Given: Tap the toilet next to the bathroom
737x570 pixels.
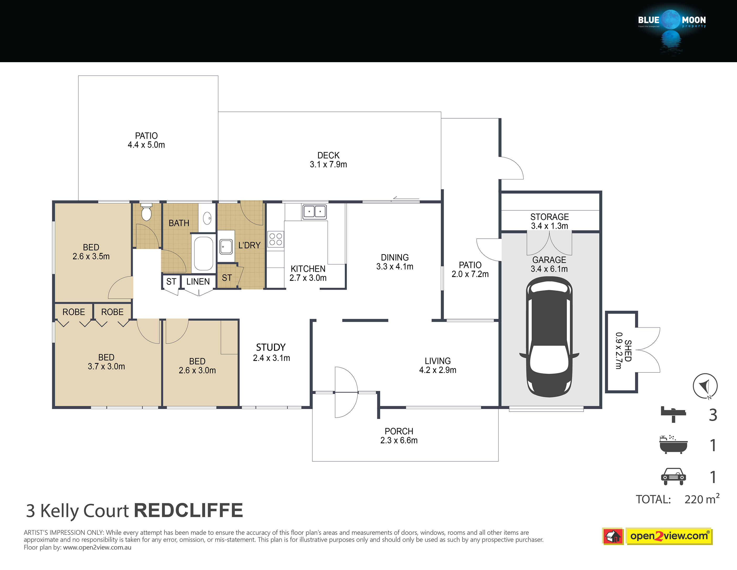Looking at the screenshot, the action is (x=146, y=212).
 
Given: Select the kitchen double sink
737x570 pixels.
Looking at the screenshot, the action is (x=314, y=212).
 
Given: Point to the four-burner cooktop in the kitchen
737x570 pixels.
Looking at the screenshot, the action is (x=276, y=239).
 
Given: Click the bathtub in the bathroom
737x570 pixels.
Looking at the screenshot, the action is (x=204, y=253).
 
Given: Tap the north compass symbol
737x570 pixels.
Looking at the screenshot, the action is (x=705, y=386).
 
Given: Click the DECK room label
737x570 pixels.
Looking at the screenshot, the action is (x=328, y=155).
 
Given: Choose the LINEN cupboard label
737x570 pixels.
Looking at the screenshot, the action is (x=198, y=281).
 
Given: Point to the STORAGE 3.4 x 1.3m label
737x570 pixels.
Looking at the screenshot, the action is (x=549, y=221).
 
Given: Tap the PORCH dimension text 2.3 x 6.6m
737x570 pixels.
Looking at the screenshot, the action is (x=399, y=440).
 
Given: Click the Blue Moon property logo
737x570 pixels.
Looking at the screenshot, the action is (x=672, y=30).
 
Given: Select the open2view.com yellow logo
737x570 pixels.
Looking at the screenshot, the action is (x=669, y=536).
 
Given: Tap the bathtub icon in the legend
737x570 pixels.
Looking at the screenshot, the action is (x=673, y=445).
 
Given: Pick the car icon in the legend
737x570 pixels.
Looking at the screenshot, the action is (x=673, y=476).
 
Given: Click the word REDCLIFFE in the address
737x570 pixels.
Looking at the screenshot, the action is (x=189, y=510).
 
